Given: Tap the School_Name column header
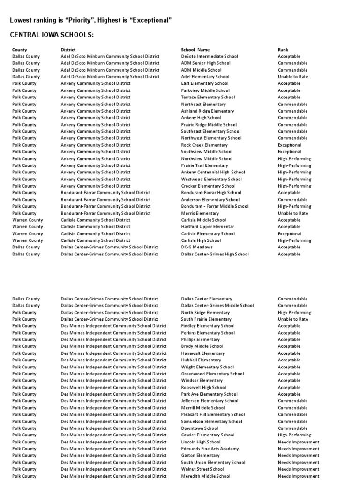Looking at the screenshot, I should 195,50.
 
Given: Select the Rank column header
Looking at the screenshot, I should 283,50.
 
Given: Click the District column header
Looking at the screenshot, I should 68,50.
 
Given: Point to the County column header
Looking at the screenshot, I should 20,50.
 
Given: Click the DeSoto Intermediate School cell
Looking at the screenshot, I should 210,56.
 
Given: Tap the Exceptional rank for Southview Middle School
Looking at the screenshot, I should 290,152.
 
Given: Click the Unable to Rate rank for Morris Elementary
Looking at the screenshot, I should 293,213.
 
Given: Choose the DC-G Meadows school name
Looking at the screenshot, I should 197,247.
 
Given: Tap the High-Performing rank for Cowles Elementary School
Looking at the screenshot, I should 294,435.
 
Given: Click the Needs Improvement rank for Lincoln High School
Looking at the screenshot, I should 298,442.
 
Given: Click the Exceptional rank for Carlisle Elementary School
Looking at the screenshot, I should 290,233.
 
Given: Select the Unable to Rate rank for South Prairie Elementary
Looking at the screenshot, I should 293,319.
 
